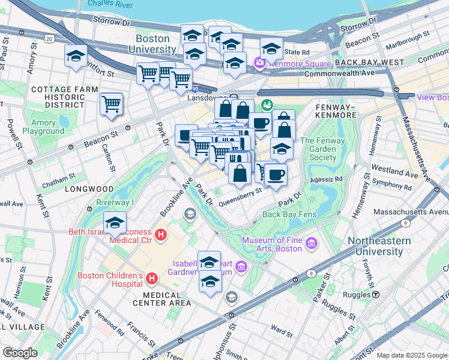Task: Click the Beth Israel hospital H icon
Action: coord(161,236)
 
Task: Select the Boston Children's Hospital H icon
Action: coord(152,279)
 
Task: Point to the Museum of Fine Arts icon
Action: coord(311,244)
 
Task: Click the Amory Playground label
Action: coord(43,127)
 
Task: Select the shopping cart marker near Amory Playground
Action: coord(112,104)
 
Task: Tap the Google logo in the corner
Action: coord(20,353)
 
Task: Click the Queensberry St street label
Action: coord(241,198)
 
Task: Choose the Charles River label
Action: coord(110,4)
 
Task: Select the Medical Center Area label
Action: coord(167,299)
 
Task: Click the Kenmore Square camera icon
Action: coord(259,62)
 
